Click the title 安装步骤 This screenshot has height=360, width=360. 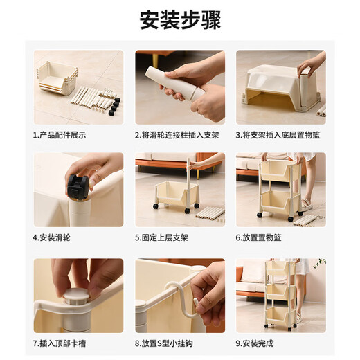[x=180, y=21]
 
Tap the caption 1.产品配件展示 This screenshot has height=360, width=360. [x=63, y=134]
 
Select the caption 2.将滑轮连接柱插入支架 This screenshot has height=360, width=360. [x=179, y=134]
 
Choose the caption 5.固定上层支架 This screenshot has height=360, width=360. [x=164, y=237]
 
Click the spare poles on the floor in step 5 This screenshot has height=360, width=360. [x=210, y=213]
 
